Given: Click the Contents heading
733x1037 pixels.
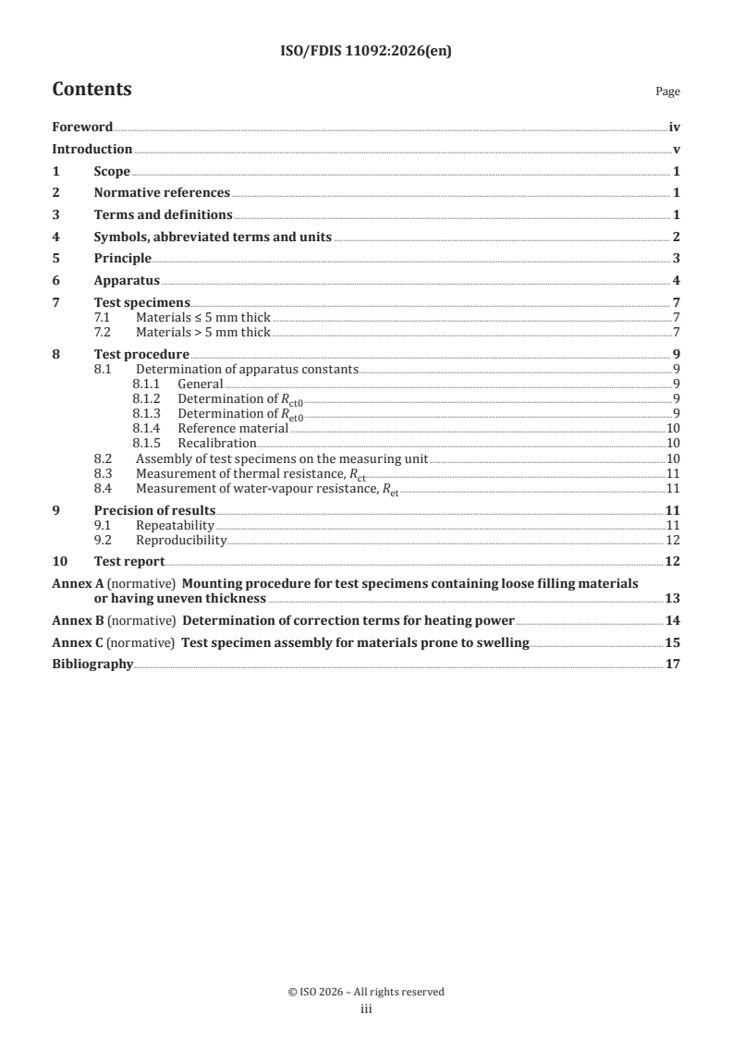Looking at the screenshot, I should coord(92,90).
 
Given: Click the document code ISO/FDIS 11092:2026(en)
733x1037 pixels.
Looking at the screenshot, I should coord(366,53).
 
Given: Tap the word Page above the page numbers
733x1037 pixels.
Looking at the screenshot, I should coord(667,91).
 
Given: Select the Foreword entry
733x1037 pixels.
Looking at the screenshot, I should coord(82,128).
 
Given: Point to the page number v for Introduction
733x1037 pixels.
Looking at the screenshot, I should coord(677,149).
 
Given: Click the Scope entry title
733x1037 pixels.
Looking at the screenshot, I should coord(112,171).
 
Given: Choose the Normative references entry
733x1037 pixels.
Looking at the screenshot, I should coord(162,192).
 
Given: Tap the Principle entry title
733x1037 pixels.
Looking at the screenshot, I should coord(123,258).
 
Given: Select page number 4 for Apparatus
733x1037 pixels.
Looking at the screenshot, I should coord(677,280).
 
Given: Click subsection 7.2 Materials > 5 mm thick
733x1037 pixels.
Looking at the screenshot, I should coord(202,332).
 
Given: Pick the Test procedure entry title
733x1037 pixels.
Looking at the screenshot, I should coord(141,354).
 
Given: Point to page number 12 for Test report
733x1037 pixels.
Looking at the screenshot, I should coord(674,561).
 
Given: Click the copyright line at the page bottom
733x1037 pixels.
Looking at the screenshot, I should coord(366,992).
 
